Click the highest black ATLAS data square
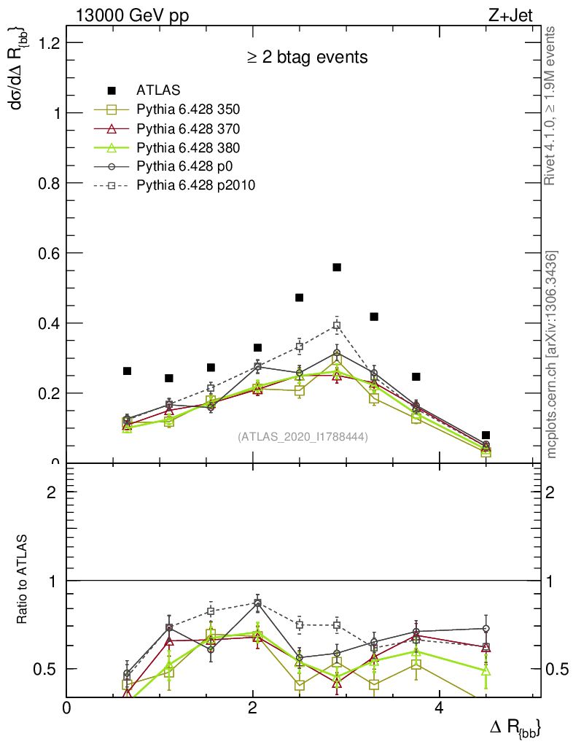point(337,268)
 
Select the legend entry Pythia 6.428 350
point(188,110)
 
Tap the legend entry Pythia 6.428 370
point(188,129)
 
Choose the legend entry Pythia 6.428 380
point(188,148)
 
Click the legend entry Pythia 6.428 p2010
point(195,185)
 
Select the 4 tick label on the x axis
point(439,708)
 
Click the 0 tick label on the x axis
point(67,708)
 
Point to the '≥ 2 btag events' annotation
point(306,57)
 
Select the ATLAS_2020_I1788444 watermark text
point(303,437)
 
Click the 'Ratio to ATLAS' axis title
point(23,580)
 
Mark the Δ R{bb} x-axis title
point(515,727)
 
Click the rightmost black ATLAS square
point(486,436)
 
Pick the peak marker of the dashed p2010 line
point(337,326)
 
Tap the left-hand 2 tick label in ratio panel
point(51,492)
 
